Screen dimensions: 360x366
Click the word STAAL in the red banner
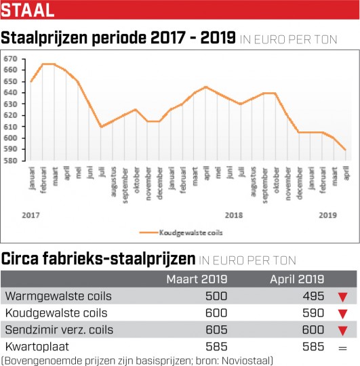coord(28,10)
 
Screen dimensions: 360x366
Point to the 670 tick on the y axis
coord(10,59)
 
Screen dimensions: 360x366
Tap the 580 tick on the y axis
coord(10,161)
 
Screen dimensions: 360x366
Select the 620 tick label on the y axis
coord(10,115)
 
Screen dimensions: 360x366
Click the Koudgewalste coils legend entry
coord(181,232)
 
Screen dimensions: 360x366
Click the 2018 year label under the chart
coord(234,216)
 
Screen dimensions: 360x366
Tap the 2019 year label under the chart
coord(327,216)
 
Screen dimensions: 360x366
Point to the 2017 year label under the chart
coord(31,216)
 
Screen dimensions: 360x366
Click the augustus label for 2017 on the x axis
coord(113,182)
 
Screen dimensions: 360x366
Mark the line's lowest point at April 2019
coord(346,150)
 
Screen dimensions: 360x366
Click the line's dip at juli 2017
coord(101,127)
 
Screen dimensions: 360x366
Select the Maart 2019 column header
coord(197,279)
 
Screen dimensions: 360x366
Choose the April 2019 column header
coord(297,280)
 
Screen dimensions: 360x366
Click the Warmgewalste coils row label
coord(58,296)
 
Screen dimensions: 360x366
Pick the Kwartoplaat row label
coord(37,347)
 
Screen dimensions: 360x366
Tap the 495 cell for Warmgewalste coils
coord(313,296)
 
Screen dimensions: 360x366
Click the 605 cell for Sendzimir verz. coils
coord(216,330)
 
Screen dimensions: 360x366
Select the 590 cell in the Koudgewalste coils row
coord(313,313)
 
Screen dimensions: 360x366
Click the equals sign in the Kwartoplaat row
coord(342,348)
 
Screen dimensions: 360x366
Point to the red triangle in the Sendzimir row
coord(342,331)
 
